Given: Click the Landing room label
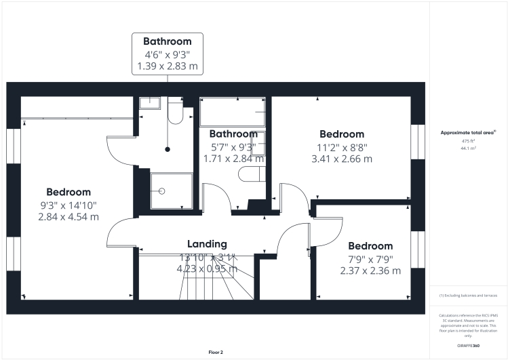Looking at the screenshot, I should coord(207,244).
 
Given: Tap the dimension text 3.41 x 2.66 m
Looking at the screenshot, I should coord(342,159).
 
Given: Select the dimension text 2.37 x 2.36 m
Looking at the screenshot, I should coord(370,271).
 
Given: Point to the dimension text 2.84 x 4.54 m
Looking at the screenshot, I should coord(69,217).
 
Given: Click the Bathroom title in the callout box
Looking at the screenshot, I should coord(163,42).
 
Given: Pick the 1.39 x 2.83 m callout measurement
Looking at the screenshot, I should coord(163,67).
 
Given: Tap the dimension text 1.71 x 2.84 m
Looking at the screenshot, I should coord(233,159).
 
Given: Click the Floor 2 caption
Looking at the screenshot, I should coord(216,353).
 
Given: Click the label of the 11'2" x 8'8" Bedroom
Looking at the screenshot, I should coord(342,134).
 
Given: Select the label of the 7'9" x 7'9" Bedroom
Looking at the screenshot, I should coord(370,245).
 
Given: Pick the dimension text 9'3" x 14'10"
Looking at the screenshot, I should coord(69,205).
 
